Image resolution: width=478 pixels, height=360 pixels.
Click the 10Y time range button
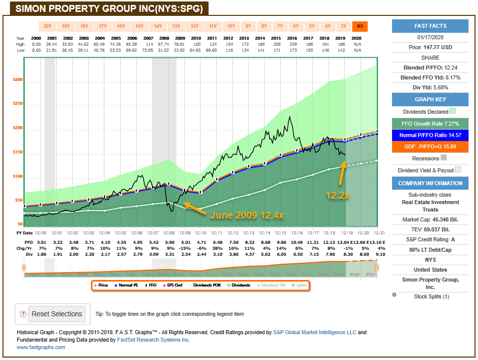231,26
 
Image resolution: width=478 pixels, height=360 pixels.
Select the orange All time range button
360,26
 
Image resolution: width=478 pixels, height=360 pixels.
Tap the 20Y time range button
47,26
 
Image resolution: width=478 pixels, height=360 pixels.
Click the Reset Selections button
57,314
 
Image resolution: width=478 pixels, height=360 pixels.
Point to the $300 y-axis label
17,80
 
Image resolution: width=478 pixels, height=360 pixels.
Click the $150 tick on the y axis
17,152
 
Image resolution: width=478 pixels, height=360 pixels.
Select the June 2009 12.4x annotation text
247,216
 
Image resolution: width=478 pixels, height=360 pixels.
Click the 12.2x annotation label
338,196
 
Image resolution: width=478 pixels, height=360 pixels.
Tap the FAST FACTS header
430,26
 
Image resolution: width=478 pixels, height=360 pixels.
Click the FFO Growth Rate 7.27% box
430,124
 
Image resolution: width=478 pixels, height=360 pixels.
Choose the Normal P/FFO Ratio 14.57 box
430,135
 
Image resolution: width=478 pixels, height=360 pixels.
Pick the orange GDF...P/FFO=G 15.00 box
430,147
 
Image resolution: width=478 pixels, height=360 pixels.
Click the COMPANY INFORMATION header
430,183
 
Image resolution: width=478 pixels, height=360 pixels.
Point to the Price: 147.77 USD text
430,48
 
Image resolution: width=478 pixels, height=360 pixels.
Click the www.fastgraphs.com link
41,347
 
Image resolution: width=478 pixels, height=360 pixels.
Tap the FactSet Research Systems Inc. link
153,340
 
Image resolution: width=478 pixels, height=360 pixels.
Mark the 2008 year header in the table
163,38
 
